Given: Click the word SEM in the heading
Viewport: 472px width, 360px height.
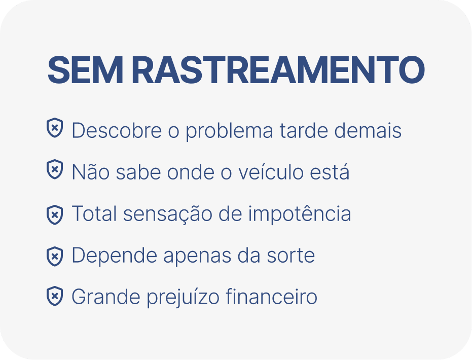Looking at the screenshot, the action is (85, 70).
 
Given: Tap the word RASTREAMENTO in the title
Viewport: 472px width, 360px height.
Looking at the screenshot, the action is (278, 70).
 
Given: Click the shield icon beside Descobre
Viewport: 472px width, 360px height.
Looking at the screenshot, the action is (55, 128).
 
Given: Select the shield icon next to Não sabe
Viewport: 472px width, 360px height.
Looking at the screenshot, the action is (55, 169).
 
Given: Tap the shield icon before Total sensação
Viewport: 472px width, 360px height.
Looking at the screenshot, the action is (55, 215).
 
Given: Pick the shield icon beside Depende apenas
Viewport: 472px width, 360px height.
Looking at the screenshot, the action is (55, 257).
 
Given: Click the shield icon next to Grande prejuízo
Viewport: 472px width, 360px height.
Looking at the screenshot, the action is (55, 296).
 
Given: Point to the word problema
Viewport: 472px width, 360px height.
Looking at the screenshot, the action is (229, 131).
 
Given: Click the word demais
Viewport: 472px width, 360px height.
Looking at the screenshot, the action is (368, 130).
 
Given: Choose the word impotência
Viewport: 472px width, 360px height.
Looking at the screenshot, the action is (300, 214).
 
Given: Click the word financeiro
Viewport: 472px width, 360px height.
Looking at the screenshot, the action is (271, 297).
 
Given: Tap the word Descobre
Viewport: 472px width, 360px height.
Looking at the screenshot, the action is (117, 130).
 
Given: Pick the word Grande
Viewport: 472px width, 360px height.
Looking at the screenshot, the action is (106, 297).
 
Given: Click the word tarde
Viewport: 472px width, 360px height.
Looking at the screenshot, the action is (304, 130).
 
